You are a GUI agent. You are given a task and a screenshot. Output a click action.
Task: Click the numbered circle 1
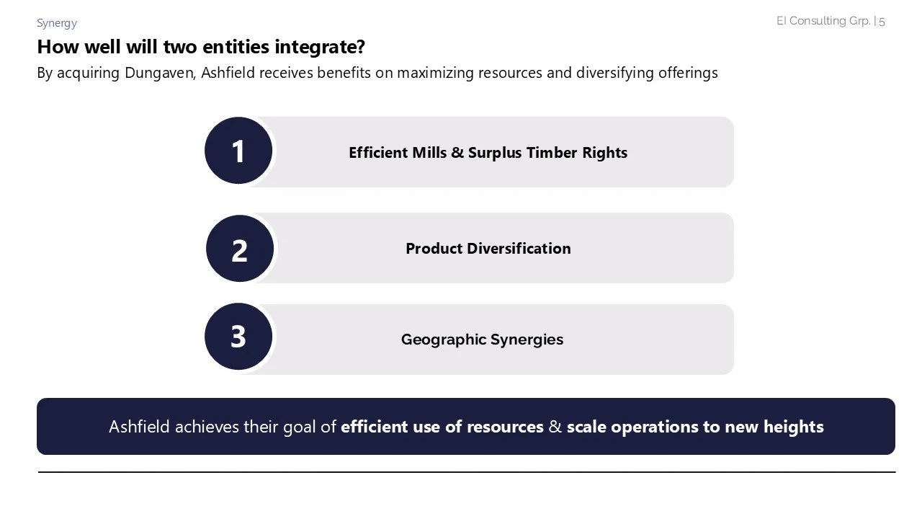click(x=238, y=151)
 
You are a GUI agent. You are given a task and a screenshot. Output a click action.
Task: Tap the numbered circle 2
click(x=240, y=249)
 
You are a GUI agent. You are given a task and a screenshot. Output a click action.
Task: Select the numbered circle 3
click(x=238, y=337)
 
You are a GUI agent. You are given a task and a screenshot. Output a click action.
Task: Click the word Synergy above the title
click(x=57, y=23)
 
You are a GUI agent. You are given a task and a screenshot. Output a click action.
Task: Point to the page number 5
click(x=882, y=21)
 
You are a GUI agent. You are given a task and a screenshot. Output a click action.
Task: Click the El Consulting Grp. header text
click(x=823, y=21)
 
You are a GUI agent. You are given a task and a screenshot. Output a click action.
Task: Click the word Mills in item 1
click(x=429, y=153)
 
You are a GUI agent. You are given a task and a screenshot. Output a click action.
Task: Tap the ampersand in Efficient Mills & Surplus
click(x=457, y=153)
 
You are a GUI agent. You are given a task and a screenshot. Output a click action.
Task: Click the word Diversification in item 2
click(x=519, y=249)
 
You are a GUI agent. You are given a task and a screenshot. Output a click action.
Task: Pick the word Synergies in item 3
click(x=527, y=340)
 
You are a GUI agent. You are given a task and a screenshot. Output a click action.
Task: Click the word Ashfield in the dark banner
click(x=140, y=427)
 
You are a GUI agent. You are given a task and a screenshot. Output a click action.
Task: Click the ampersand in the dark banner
click(x=555, y=427)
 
